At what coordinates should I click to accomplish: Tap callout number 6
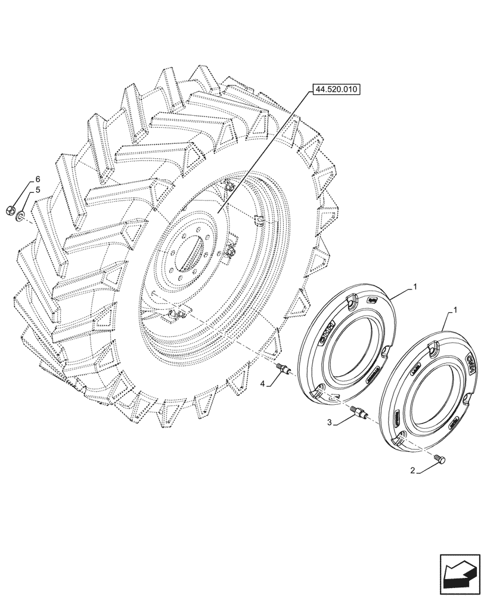pyautogui.click(x=38, y=179)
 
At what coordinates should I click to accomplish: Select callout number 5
pyautogui.click(x=38, y=190)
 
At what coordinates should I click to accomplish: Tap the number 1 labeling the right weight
pyautogui.click(x=455, y=310)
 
